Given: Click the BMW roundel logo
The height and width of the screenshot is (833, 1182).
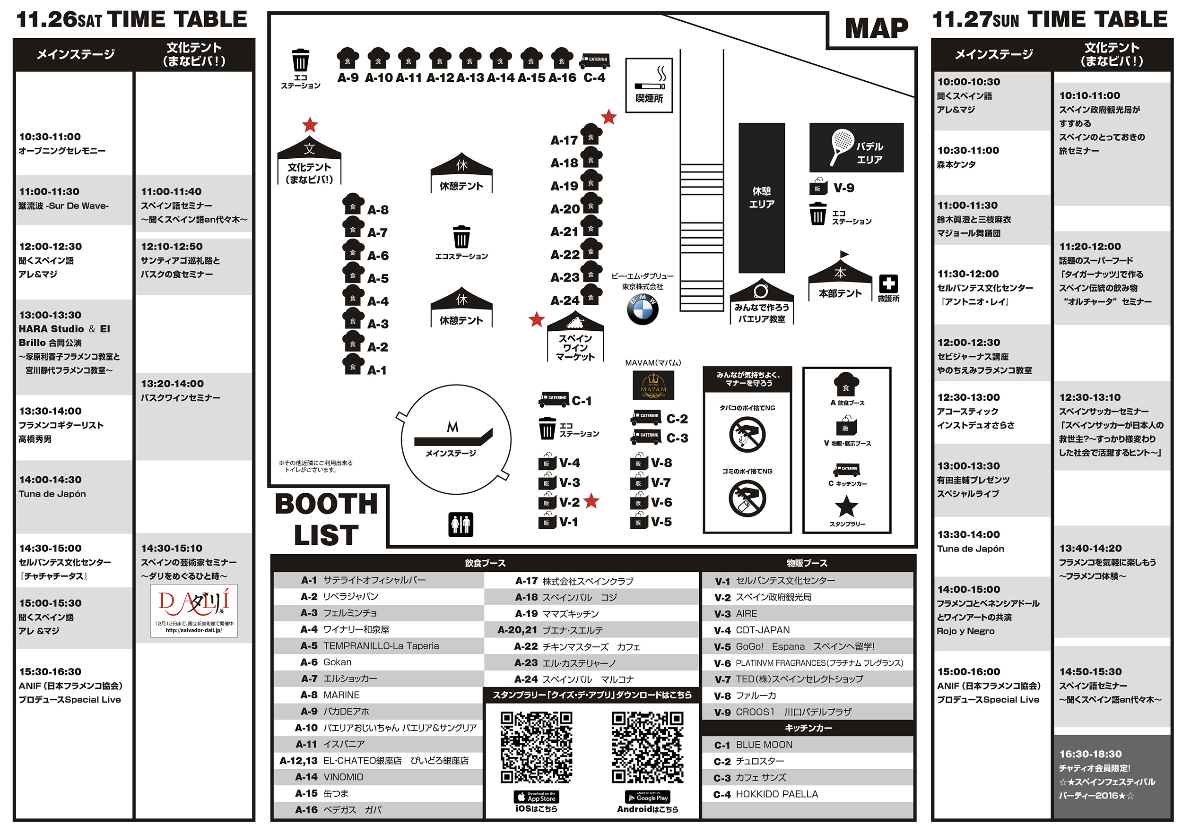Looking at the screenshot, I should [x=643, y=309].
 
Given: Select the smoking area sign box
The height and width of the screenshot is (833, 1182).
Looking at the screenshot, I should [x=649, y=85].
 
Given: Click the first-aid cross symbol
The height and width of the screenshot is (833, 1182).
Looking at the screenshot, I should [x=888, y=283].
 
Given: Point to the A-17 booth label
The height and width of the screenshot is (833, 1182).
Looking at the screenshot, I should [x=564, y=140].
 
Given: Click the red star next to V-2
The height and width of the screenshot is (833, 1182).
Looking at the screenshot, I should [x=591, y=501].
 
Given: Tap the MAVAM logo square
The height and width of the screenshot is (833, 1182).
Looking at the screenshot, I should [x=653, y=386].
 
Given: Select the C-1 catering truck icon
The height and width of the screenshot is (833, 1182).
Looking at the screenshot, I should [x=554, y=399].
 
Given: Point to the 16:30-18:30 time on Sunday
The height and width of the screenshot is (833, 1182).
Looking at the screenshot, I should [x=1090, y=754].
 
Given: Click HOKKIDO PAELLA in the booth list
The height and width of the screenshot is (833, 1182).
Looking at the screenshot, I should [x=776, y=794].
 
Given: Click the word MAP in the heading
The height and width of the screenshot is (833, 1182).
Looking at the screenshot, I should [x=876, y=29].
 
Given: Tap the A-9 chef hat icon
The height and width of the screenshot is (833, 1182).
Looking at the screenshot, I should [x=348, y=58].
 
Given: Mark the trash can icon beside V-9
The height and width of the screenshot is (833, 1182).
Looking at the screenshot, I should [x=817, y=214].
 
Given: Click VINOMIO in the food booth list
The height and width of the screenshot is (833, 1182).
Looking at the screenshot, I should [x=343, y=777].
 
